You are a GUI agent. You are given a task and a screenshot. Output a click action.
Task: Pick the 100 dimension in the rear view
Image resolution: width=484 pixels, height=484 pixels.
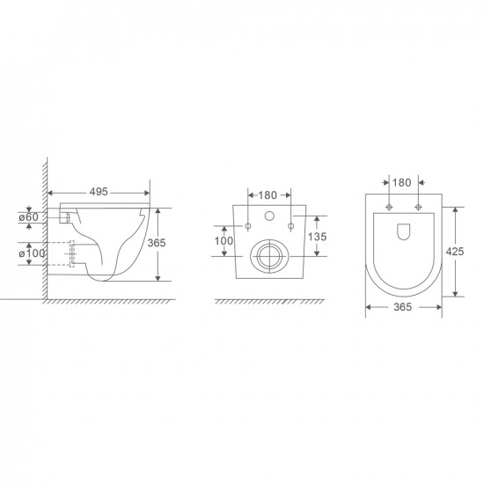point(224,239)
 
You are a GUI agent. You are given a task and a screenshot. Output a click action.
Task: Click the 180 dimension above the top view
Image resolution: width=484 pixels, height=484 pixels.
point(401,182)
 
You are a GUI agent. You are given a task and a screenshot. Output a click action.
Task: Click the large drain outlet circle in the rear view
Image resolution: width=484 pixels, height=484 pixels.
point(268,257)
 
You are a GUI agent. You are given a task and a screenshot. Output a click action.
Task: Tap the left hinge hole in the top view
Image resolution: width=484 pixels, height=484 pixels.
point(388,208)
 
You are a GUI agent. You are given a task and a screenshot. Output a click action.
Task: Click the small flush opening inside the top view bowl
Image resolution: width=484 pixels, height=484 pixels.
point(402,232)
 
